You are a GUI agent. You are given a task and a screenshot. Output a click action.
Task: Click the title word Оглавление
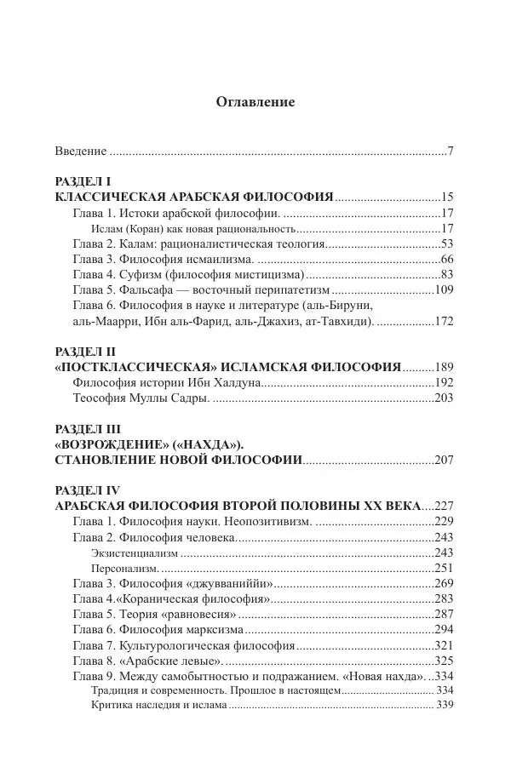(255, 102)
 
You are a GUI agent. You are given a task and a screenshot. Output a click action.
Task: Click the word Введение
(81, 151)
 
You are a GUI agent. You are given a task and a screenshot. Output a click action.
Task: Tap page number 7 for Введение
(450, 151)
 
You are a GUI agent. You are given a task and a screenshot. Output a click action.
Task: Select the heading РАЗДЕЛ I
(83, 182)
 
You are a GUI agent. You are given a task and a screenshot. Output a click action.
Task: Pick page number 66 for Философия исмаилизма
(447, 260)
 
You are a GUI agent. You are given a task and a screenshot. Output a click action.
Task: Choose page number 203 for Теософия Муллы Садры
(444, 398)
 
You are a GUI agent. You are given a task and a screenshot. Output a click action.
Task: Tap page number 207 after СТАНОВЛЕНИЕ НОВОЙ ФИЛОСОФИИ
(444, 461)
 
